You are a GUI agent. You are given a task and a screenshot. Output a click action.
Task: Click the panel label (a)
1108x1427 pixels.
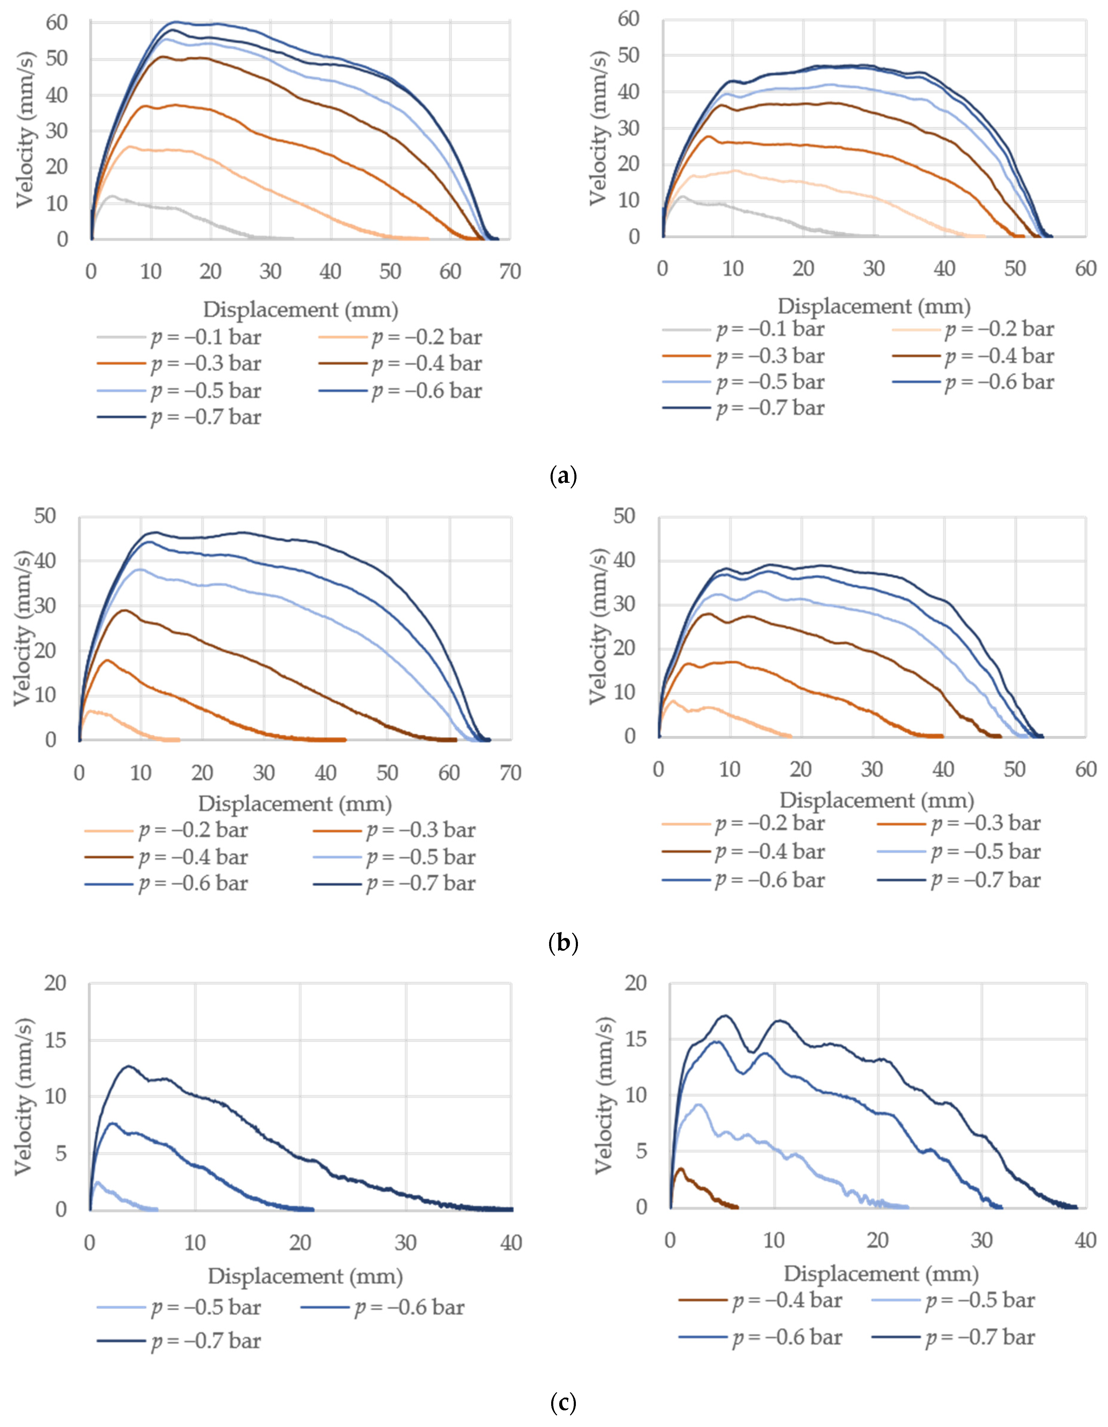pos(563,476)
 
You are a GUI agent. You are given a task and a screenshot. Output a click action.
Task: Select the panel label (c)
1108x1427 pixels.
pos(563,1403)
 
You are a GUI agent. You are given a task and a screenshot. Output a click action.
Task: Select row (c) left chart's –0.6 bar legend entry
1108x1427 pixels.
pos(383,1307)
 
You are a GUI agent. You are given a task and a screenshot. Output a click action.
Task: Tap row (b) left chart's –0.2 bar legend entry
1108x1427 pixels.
pos(166,831)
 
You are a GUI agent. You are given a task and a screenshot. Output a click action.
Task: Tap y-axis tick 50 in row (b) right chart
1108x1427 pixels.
pos(624,516)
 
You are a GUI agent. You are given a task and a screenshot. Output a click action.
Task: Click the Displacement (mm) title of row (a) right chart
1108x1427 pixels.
pos(874,306)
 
